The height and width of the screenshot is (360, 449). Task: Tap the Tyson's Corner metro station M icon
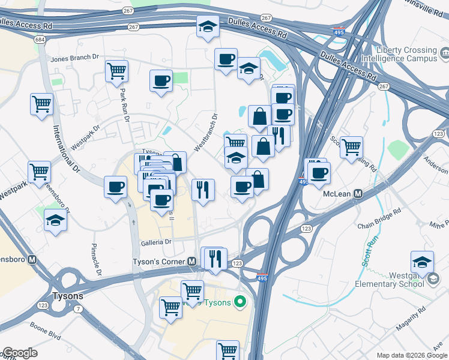click(x=192, y=262)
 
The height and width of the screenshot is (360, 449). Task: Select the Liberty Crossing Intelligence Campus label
click(x=406, y=55)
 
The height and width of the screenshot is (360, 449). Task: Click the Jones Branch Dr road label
click(x=75, y=58)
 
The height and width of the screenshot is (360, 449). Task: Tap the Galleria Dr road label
click(x=156, y=242)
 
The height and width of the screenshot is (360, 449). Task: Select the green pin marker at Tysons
click(x=241, y=301)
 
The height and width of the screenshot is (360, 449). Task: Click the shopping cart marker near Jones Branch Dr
click(x=116, y=71)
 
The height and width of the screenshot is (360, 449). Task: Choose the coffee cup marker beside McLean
click(x=319, y=173)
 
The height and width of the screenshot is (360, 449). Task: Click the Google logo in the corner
click(x=20, y=353)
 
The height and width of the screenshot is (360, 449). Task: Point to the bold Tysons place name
click(x=68, y=296)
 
